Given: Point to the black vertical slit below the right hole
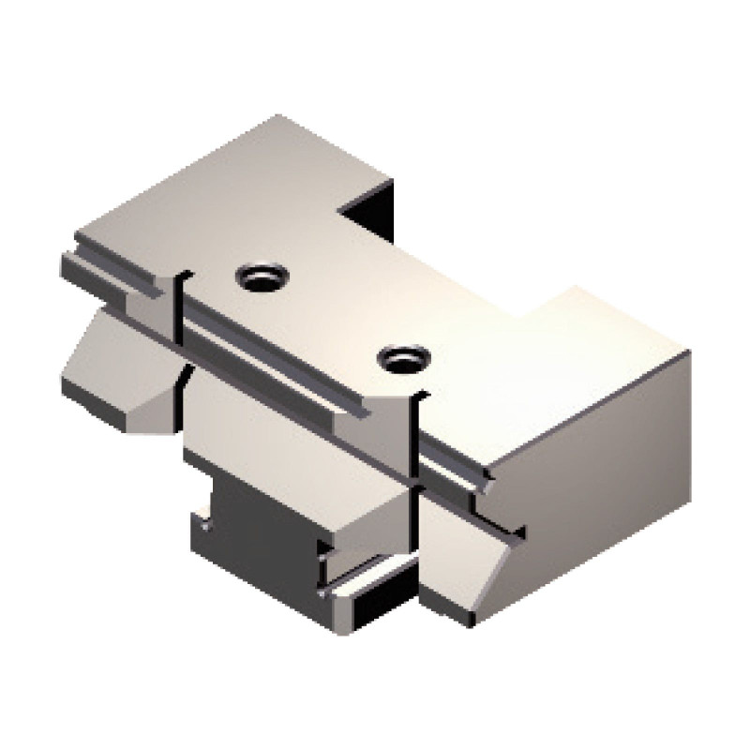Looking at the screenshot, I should point(412,441).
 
